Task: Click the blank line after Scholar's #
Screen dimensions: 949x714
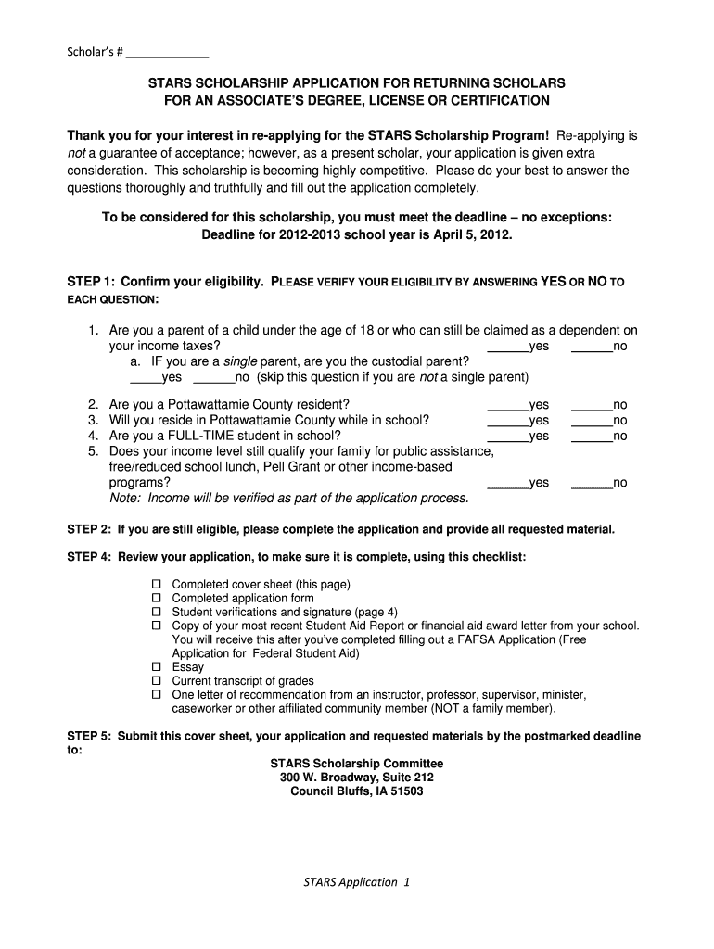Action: tap(168, 54)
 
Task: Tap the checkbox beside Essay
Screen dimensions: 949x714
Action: tap(157, 667)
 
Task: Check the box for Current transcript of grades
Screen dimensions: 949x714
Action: tap(157, 681)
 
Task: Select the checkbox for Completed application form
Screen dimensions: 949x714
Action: tap(157, 599)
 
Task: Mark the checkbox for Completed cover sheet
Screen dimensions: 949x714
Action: tap(157, 585)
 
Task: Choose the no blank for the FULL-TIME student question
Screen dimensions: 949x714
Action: tap(592, 437)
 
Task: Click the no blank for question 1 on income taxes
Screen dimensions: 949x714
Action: tap(592, 348)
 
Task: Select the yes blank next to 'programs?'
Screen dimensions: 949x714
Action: tap(507, 484)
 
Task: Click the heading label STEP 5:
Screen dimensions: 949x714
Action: tap(89, 737)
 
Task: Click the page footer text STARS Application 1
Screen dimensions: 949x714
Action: tap(356, 882)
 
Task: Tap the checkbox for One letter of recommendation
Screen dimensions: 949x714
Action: tap(157, 695)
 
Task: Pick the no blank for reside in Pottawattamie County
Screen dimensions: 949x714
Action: tap(592, 421)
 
